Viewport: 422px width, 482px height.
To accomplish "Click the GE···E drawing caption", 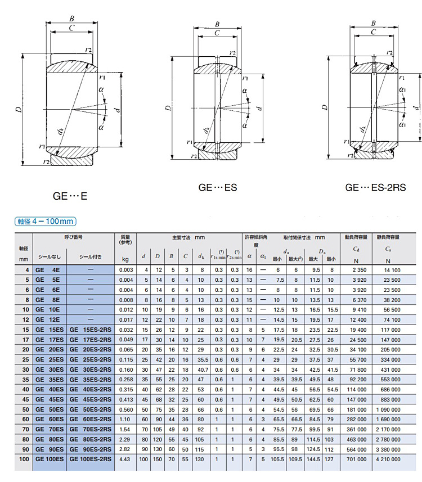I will (70, 197).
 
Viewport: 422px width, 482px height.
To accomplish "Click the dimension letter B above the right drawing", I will (374, 23).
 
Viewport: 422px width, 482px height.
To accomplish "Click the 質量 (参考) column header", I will (125, 240).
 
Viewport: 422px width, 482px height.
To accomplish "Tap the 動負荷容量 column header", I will (356, 237).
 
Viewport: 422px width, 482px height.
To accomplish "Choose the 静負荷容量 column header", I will (388, 237).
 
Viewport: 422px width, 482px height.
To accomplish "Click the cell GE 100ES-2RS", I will (90, 460).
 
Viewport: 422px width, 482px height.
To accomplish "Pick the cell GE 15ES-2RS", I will (90, 329).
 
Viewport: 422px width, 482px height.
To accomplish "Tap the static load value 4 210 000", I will (388, 460).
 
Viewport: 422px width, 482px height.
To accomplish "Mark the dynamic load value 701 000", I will (356, 460).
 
